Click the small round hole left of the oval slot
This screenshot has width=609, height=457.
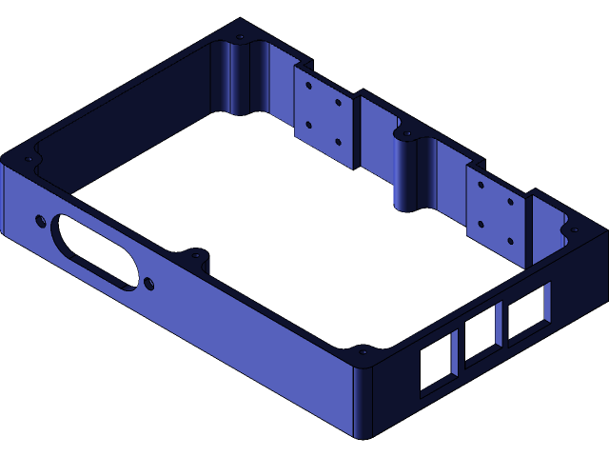pyautogui.click(x=40, y=221)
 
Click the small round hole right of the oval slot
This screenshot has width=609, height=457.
pyautogui.click(x=148, y=283)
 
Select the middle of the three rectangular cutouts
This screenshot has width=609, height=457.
pyautogui.click(x=481, y=340)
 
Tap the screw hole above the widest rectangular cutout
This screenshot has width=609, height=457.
pyautogui.click(x=574, y=229)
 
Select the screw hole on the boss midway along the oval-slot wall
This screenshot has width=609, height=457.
pyautogui.click(x=196, y=255)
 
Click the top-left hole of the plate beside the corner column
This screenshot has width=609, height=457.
pyautogui.click(x=308, y=86)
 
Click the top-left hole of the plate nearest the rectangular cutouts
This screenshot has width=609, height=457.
pyautogui.click(x=481, y=184)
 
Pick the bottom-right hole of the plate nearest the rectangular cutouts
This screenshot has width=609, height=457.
pyautogui.click(x=510, y=240)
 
